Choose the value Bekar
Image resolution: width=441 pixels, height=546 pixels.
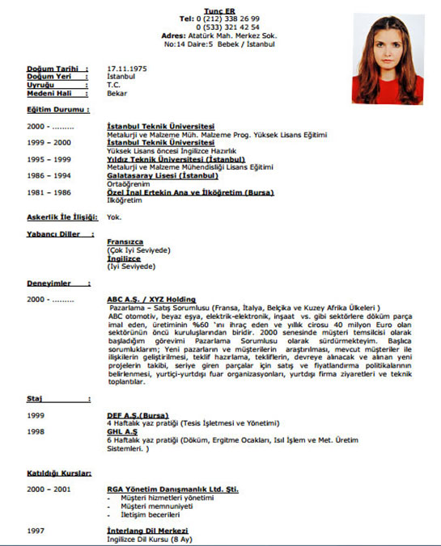117,94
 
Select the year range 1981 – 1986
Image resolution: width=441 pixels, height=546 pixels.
49,192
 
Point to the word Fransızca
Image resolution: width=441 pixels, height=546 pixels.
125,241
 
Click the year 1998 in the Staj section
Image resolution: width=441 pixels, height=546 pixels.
36,431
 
